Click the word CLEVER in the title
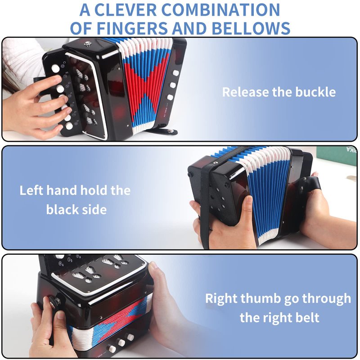[126, 10]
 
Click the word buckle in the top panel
[315, 92]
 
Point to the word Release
[245, 92]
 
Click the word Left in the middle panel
[31, 190]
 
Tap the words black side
[76, 210]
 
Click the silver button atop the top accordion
[87, 43]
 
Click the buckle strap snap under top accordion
[170, 131]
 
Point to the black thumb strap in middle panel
[308, 186]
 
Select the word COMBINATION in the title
[220, 10]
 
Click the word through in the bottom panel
[327, 299]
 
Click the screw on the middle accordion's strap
[216, 163]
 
